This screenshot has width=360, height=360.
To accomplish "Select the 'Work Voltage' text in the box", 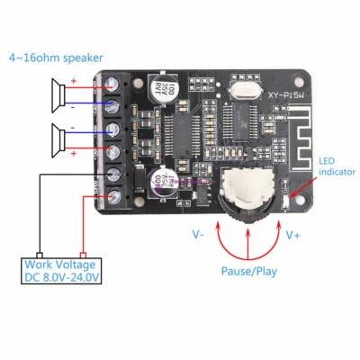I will tap(61, 265).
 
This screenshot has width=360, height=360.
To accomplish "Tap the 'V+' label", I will tap(293, 235).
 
